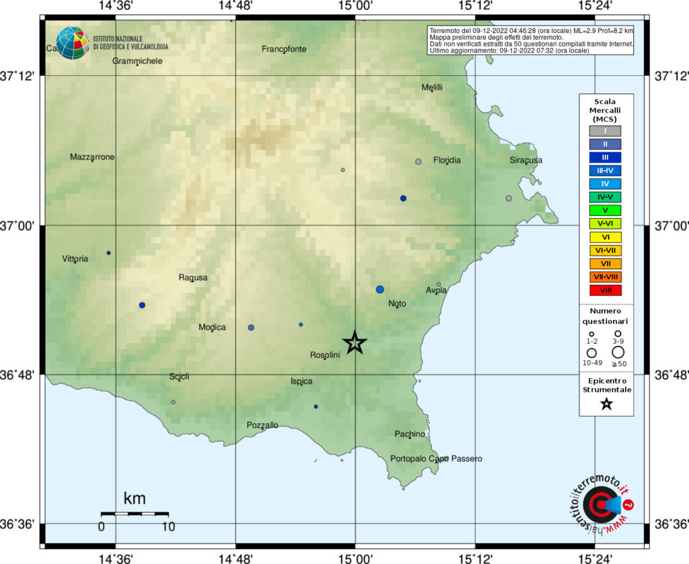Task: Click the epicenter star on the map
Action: coord(355,343)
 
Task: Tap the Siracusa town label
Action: coord(525,160)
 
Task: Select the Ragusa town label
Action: coord(193,277)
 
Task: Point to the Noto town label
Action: coord(397,304)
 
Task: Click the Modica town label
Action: coord(212,327)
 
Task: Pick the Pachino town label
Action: coord(410,434)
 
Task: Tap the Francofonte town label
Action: coord(284,48)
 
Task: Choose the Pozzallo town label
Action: coord(262,425)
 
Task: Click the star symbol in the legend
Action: coord(606,404)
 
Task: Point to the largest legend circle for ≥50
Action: coord(618,352)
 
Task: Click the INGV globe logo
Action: coord(72,43)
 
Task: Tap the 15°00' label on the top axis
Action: coord(355,6)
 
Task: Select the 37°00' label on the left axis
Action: coord(20,226)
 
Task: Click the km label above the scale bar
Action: coord(135,499)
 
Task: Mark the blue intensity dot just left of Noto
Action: coord(380,289)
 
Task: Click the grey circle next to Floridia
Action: coord(419,162)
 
